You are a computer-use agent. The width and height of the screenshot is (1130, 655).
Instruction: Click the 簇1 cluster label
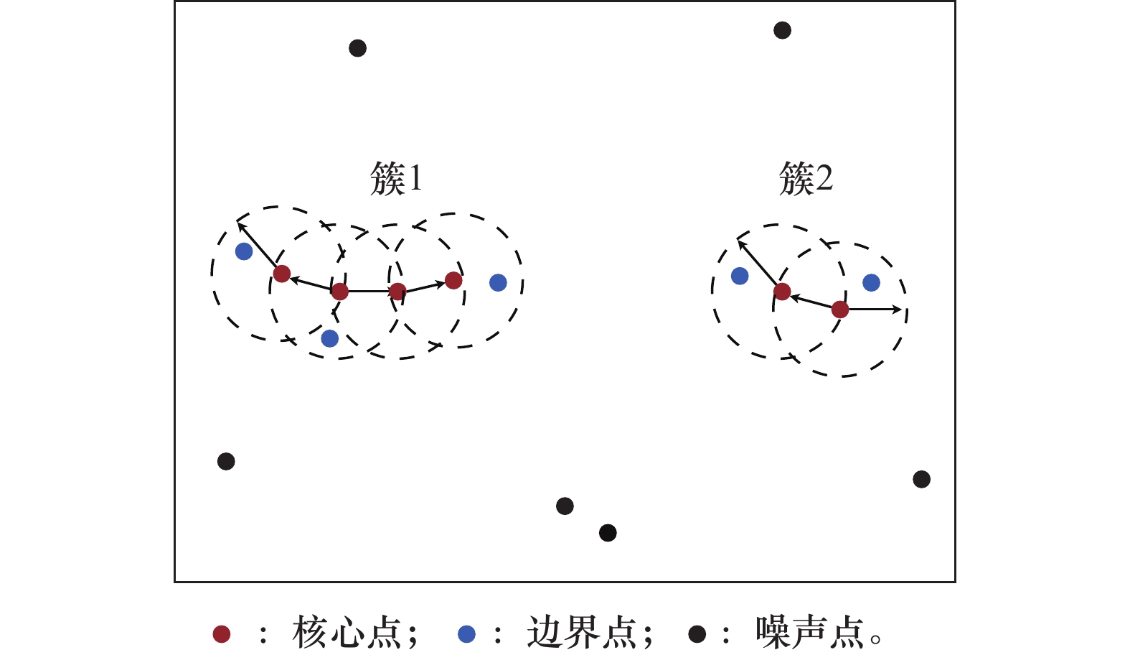pos(396,178)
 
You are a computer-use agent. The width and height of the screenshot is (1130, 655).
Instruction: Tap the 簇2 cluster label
pos(806,178)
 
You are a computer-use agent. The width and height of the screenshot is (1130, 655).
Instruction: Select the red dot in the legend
pos(222,633)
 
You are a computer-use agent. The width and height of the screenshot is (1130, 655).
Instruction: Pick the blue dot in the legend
pos(466,633)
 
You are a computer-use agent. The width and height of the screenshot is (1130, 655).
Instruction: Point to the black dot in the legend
pos(697,633)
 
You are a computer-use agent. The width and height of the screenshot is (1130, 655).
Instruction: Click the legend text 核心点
pos(347,633)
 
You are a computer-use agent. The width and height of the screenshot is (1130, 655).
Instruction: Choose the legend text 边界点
pos(581,633)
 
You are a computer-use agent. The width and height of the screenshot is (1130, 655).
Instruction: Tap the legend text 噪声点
pos(809,633)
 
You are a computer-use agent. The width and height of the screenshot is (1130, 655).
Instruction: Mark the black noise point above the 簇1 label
pos(357,48)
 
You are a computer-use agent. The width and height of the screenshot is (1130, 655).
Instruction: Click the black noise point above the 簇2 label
pos(782,30)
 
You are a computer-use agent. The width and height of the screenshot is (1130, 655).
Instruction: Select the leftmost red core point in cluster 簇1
pos(282,274)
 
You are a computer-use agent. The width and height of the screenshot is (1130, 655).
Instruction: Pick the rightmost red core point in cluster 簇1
pos(453,280)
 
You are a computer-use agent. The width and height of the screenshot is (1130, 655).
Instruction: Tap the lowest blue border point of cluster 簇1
pos(329,338)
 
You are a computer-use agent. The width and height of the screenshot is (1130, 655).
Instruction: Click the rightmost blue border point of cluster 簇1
pos(498,282)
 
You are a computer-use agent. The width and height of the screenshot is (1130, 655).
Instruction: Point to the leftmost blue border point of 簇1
pos(244,251)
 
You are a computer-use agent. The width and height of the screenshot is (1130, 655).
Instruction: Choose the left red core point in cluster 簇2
pos(782,292)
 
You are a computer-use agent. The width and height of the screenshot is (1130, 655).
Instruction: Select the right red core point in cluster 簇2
pos(840,310)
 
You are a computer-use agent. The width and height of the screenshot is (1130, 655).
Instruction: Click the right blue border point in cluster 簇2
pos(871,282)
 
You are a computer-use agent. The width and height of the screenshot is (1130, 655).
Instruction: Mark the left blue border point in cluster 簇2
pos(740,276)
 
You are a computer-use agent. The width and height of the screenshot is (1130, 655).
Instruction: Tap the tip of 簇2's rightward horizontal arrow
pos(901,310)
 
